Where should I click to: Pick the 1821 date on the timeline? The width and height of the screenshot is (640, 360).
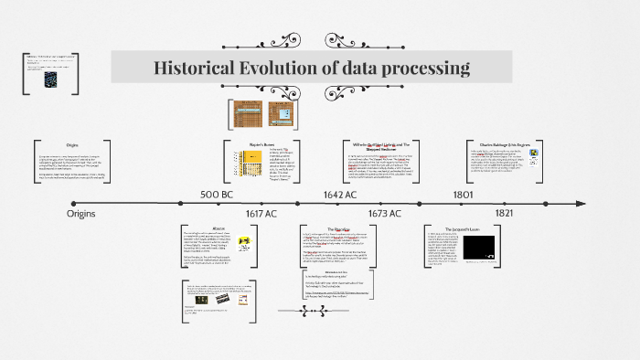pyautogui.click(x=504, y=213)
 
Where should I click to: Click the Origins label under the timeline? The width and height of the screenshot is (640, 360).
pyautogui.click(x=81, y=213)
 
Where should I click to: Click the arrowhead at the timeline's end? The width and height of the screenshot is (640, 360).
pyautogui.click(x=603, y=203)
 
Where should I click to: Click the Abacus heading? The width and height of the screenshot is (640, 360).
pyautogui.click(x=219, y=228)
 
